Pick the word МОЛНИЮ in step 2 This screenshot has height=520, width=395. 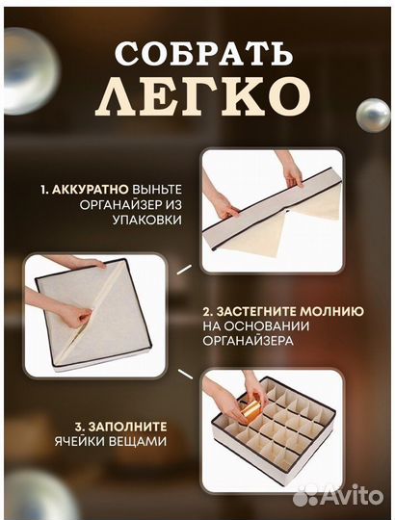click(334, 312)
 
